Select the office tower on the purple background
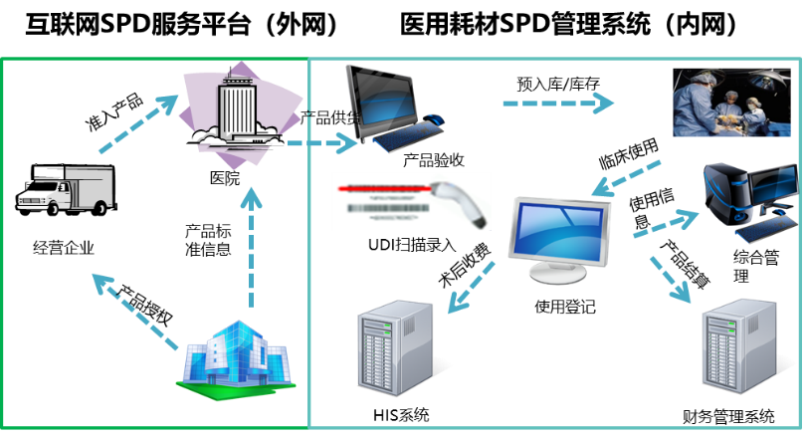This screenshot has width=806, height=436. (x=238, y=109)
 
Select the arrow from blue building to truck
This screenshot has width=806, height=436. (x=135, y=313)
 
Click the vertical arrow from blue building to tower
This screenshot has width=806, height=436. (x=252, y=249)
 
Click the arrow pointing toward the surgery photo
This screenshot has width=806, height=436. (x=557, y=102)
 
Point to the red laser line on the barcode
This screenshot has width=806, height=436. (x=388, y=187)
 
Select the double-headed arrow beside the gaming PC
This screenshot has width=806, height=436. (x=668, y=224)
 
